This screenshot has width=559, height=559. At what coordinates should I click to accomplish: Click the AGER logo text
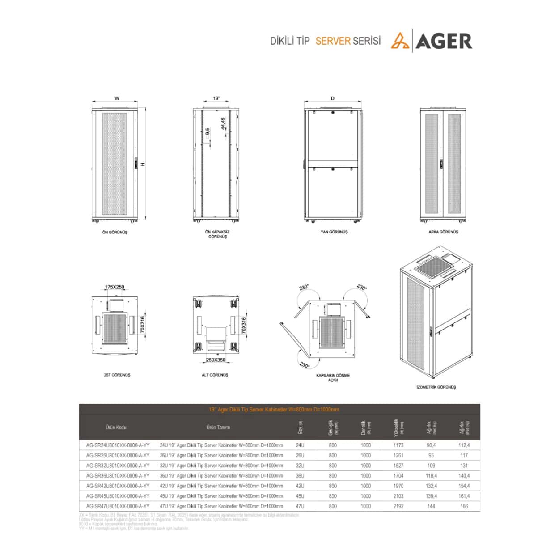click(444, 41)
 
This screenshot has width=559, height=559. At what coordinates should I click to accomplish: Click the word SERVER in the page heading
click(333, 41)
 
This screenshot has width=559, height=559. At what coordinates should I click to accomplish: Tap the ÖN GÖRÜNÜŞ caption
click(115, 233)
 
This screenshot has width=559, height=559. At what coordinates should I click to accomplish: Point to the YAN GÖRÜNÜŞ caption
click(334, 232)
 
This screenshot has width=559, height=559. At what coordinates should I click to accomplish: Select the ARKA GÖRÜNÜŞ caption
click(443, 232)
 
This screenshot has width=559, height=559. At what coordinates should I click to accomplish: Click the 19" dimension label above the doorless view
click(216, 98)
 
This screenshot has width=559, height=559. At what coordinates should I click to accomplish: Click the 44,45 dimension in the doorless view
click(223, 124)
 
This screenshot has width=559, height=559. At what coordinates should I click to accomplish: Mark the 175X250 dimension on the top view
click(114, 287)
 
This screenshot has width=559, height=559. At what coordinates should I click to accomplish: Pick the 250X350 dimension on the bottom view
click(216, 360)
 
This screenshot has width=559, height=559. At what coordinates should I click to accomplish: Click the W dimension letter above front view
click(117, 98)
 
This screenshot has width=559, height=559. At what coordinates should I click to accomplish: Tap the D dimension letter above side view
click(333, 98)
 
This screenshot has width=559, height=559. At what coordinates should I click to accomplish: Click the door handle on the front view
click(136, 164)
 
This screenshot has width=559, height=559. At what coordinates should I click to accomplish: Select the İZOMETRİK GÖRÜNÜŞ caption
click(436, 387)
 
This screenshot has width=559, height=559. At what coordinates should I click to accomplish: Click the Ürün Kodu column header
click(116, 428)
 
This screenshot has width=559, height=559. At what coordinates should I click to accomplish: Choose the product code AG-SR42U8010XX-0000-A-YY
click(118, 486)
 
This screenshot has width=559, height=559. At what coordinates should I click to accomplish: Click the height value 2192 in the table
click(398, 507)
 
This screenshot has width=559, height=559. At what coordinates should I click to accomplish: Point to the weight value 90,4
click(431, 445)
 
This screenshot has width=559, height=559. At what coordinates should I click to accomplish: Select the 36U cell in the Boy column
click(300, 476)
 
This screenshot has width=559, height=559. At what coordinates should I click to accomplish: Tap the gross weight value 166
click(464, 507)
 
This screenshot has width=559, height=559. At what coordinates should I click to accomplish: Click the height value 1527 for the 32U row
click(398, 466)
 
